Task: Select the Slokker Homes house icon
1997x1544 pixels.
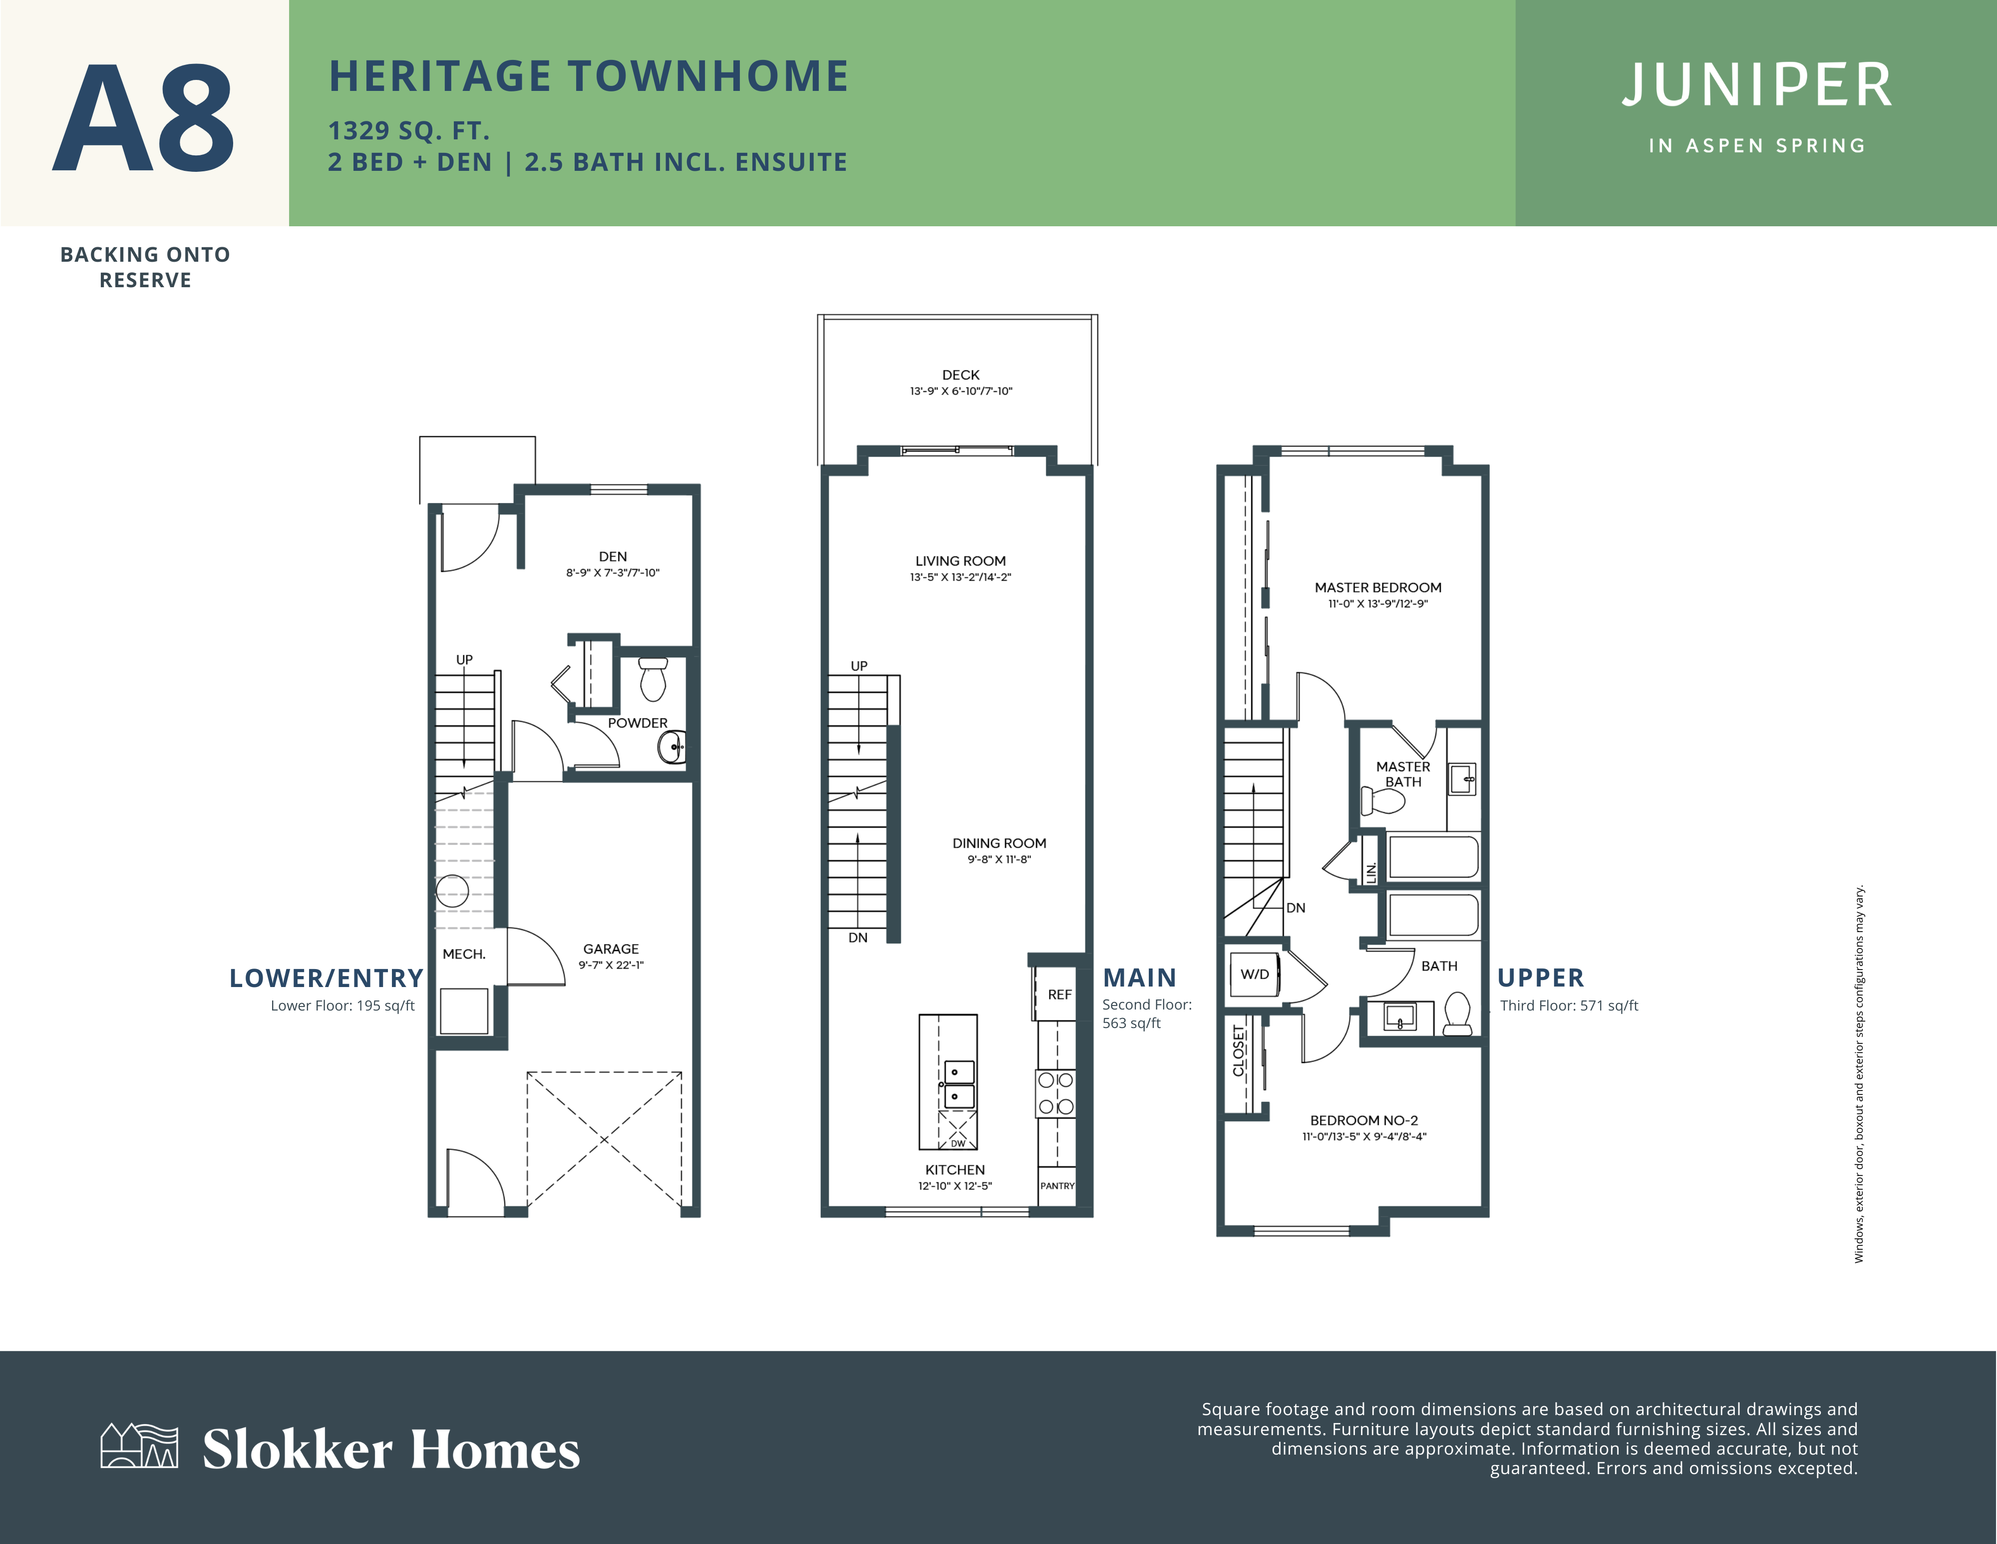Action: pos(139,1446)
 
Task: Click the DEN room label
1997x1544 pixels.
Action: pos(613,556)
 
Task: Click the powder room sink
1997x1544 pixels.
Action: pos(672,747)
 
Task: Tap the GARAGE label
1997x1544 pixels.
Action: pos(611,949)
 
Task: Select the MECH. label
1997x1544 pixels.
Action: pos(464,954)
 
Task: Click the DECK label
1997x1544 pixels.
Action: pos(960,375)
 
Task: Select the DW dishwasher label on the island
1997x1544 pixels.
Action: pos(958,1143)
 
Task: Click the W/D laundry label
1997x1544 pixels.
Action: pos(1255,974)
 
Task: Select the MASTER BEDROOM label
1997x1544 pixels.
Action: pos(1378,587)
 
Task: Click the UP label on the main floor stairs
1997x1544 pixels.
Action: pos(859,666)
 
